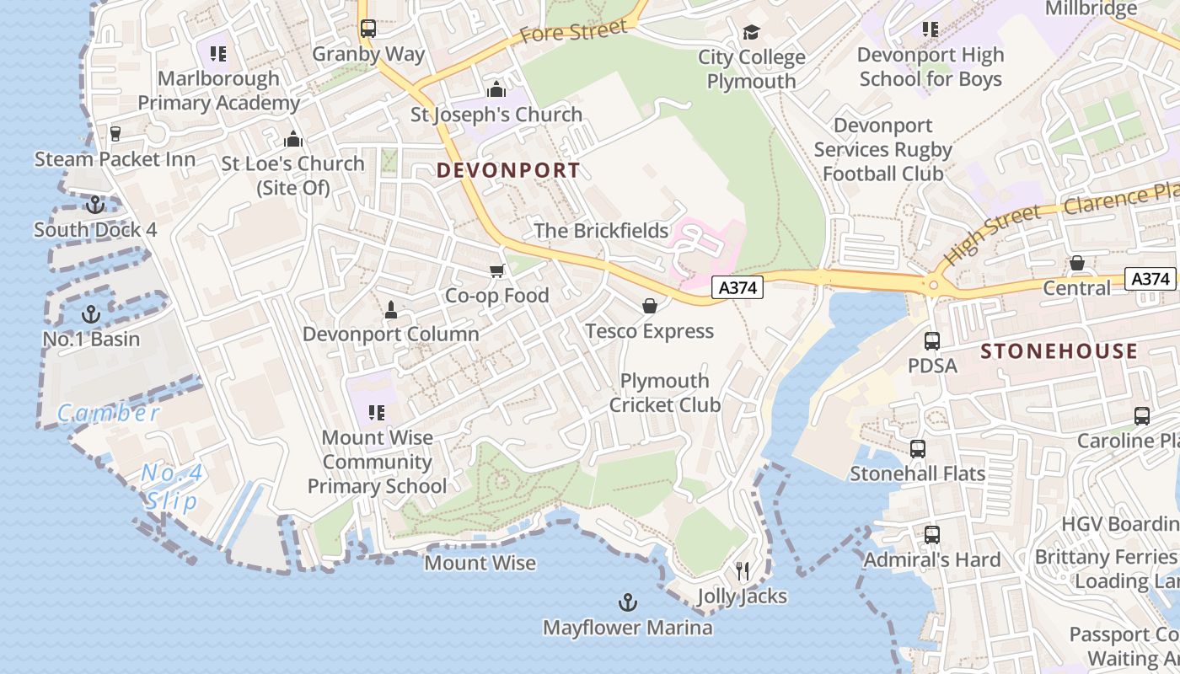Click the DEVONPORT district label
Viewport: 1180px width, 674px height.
click(x=508, y=170)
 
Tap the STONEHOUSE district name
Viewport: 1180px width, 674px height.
click(x=1059, y=351)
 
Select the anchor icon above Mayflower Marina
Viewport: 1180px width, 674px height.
click(x=627, y=602)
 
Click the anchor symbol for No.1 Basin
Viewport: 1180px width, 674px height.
click(x=90, y=315)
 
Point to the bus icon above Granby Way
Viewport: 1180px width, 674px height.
click(x=368, y=29)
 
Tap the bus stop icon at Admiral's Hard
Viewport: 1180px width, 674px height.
click(x=932, y=534)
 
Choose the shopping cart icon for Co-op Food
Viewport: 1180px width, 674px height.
click(x=497, y=270)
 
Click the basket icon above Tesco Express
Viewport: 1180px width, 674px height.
click(x=649, y=305)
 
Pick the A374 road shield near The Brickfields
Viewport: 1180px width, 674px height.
click(x=737, y=288)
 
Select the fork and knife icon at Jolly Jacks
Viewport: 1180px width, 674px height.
click(x=742, y=571)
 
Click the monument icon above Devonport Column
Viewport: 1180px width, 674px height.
click(x=390, y=309)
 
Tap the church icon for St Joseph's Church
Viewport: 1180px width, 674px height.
click(x=496, y=89)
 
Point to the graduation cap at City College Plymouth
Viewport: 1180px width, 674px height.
click(x=751, y=32)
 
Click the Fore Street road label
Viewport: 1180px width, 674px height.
click(x=573, y=32)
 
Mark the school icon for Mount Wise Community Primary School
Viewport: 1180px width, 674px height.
click(x=377, y=413)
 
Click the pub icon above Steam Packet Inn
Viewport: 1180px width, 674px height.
click(x=115, y=133)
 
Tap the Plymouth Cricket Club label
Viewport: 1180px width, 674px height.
click(x=665, y=393)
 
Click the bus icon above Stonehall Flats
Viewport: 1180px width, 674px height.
click(x=918, y=449)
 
